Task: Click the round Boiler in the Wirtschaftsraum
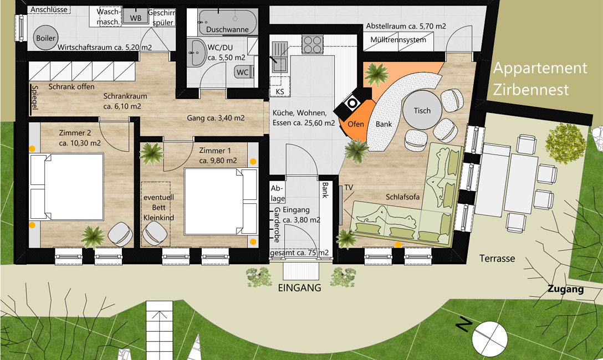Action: [46, 38]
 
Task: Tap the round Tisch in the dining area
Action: [422, 110]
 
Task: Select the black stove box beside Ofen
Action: [352, 102]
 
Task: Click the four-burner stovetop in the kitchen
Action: [312, 44]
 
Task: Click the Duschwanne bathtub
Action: [228, 22]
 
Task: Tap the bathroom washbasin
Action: [197, 53]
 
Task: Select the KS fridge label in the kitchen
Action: [280, 91]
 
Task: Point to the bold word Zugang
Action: [565, 289]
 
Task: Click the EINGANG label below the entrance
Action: [300, 287]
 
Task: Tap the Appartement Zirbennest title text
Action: [540, 79]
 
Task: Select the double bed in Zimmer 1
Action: [221, 201]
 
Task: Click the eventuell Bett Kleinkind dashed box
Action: [156, 214]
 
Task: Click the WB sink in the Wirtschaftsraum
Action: [135, 17]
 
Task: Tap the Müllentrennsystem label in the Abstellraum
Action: [398, 39]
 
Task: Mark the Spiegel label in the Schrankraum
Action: [34, 97]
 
